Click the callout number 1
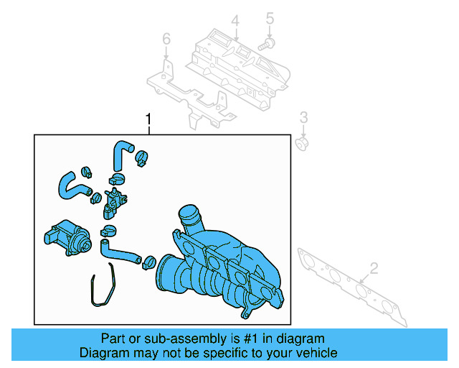(x=148, y=118)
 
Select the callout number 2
(x=373, y=270)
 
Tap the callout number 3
(x=303, y=118)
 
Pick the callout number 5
(x=270, y=17)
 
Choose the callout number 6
(x=166, y=38)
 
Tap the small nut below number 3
(x=303, y=143)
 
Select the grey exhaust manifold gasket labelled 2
(x=351, y=284)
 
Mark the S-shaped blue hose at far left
(x=70, y=184)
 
